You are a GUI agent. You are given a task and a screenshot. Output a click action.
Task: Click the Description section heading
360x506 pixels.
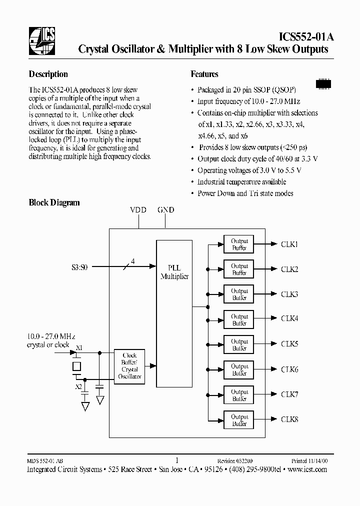click(48, 74)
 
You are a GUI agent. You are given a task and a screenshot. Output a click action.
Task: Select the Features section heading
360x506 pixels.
click(204, 74)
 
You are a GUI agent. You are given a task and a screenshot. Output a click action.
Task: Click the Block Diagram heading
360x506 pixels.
click(54, 202)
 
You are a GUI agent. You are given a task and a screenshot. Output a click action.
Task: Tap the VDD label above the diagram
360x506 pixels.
click(138, 210)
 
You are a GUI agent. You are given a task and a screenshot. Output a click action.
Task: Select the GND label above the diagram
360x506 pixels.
click(165, 210)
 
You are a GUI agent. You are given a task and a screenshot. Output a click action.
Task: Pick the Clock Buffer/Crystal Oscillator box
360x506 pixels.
click(129, 366)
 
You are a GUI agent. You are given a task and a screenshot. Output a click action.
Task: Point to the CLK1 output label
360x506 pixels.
click(289, 244)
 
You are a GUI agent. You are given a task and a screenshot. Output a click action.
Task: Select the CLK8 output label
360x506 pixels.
click(289, 419)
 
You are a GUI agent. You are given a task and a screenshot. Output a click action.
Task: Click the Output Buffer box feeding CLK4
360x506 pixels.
click(239, 320)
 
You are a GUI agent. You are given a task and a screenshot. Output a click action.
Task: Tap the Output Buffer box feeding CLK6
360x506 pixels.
click(239, 370)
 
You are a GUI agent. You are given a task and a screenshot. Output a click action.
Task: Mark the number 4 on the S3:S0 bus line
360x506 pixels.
click(132, 260)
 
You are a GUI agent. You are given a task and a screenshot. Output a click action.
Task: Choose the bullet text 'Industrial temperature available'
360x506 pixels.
click(241, 182)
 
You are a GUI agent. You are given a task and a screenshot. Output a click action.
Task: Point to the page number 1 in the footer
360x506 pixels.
click(177, 460)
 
